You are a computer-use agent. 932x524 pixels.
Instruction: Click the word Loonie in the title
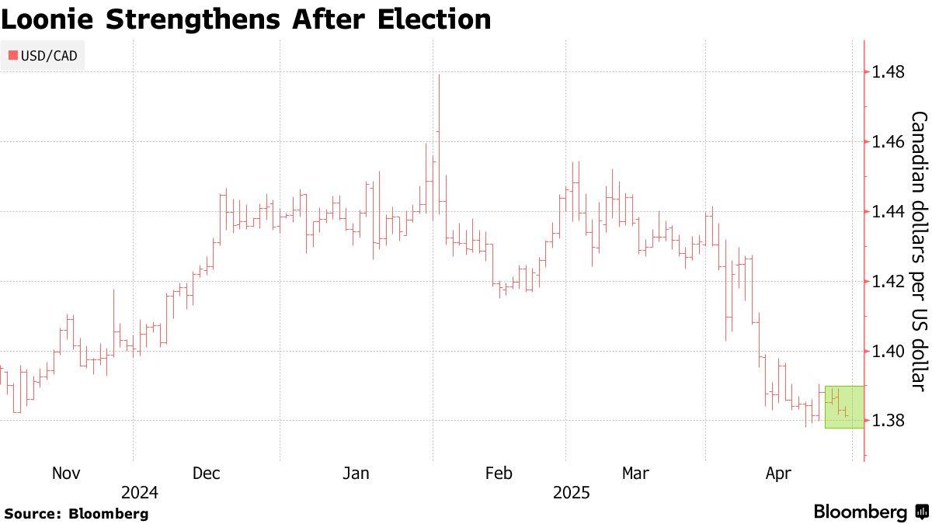pyautogui.click(x=47, y=19)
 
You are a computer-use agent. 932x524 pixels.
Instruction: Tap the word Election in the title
pyautogui.click(x=434, y=19)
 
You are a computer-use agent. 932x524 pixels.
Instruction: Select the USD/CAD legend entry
pyautogui.click(x=43, y=56)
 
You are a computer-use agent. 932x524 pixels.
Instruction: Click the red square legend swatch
pyautogui.click(x=13, y=55)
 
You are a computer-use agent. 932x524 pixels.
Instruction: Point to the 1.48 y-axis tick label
pyautogui.click(x=888, y=72)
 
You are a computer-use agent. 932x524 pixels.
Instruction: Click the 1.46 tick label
pyautogui.click(x=888, y=142)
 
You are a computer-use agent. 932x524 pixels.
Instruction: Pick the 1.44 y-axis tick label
pyautogui.click(x=888, y=212)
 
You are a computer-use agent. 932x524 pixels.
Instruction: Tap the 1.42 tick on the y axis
pyautogui.click(x=888, y=282)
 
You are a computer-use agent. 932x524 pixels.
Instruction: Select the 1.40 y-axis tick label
pyautogui.click(x=888, y=352)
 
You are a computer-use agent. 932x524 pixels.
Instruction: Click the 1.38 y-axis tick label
pyautogui.click(x=888, y=421)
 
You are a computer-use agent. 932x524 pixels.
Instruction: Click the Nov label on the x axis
pyautogui.click(x=66, y=474)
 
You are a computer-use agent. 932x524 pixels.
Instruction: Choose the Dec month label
pyautogui.click(x=207, y=474)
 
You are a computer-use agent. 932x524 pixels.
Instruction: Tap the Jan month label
pyautogui.click(x=356, y=474)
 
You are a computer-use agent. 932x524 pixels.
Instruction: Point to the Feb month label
pyautogui.click(x=499, y=474)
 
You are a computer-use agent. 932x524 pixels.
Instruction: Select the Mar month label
pyautogui.click(x=635, y=474)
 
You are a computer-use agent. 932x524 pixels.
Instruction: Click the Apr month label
pyautogui.click(x=778, y=474)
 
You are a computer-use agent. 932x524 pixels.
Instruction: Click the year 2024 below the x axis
pyautogui.click(x=140, y=493)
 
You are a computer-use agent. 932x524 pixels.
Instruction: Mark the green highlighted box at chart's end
pyautogui.click(x=845, y=407)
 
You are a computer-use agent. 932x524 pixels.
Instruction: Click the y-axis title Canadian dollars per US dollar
pyautogui.click(x=919, y=252)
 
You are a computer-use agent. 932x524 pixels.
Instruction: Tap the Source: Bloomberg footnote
pyautogui.click(x=76, y=514)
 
